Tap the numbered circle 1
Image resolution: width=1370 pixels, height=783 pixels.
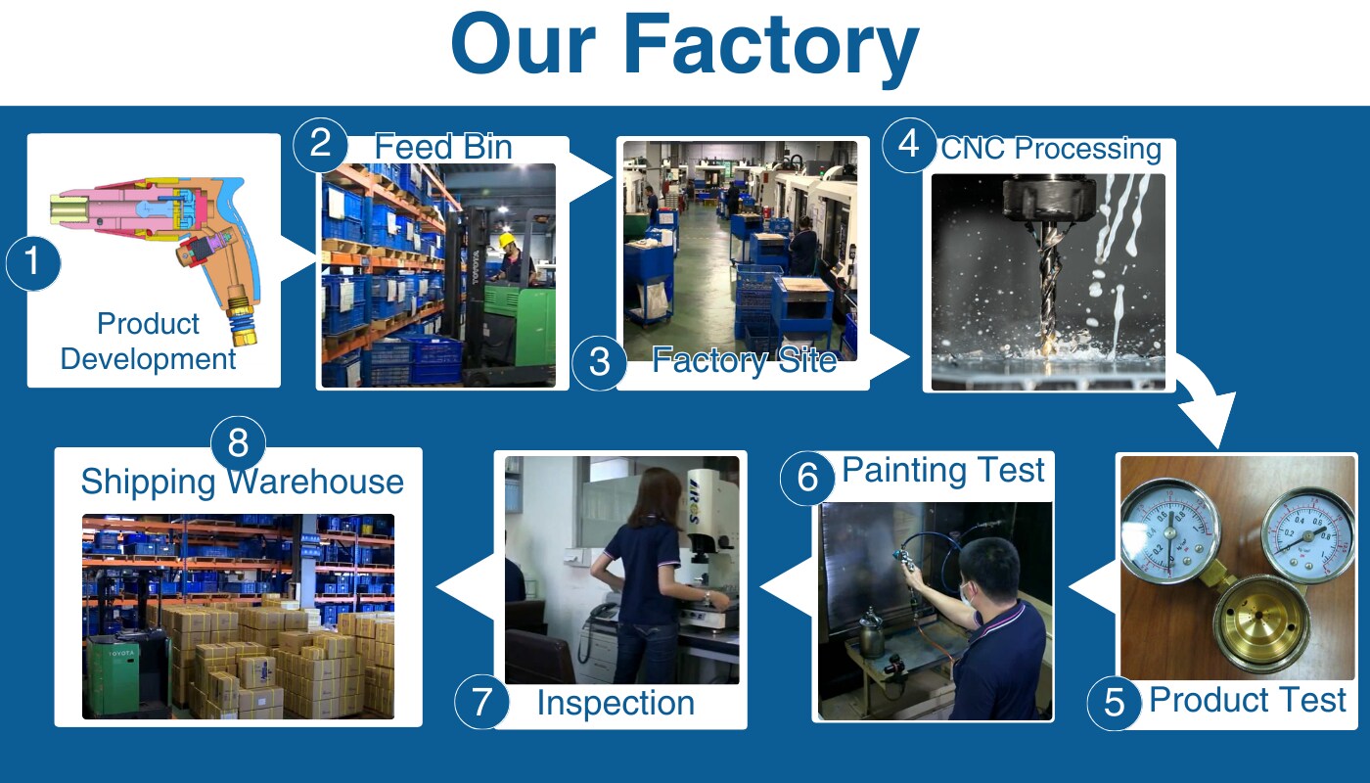point(33,263)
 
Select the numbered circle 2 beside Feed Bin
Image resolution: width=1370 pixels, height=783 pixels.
point(320,145)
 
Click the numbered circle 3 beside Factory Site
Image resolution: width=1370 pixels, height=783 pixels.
point(599,362)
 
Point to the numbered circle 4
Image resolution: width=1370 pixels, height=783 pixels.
point(908,145)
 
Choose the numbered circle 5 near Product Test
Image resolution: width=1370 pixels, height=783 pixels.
point(1114,703)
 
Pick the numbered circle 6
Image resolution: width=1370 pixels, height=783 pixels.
point(806,477)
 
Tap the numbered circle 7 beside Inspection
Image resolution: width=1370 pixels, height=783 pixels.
point(481,704)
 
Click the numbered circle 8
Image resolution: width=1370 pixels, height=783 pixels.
point(238,442)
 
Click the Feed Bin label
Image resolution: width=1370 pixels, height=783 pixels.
point(442,147)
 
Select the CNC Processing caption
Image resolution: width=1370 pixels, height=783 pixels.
point(1050,150)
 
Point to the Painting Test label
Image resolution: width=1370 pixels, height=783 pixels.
point(943,470)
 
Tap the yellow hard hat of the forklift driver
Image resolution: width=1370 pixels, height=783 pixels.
point(507,241)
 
